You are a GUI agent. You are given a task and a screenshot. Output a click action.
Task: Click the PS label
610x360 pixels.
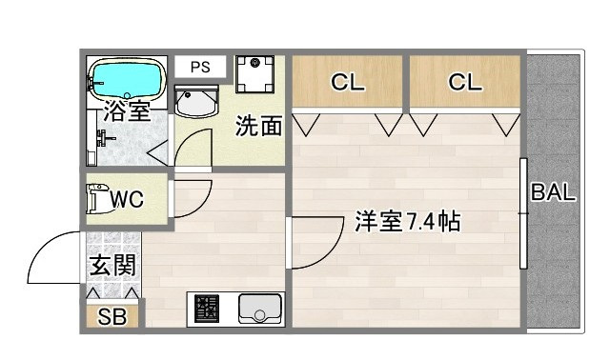(x=200, y=67)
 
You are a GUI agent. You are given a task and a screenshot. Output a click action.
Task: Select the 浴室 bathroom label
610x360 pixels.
(x=127, y=110)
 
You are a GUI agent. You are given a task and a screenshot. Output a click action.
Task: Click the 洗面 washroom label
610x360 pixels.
(x=258, y=126)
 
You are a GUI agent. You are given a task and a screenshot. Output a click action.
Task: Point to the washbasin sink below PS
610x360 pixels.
(x=197, y=100)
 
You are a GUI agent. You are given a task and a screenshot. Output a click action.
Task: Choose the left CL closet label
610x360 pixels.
(x=348, y=83)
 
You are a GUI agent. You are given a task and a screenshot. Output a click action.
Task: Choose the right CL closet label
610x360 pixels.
(x=465, y=83)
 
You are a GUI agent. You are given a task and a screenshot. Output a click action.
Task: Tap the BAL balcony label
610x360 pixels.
(x=553, y=192)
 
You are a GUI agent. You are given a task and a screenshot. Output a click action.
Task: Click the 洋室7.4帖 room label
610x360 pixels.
(x=408, y=222)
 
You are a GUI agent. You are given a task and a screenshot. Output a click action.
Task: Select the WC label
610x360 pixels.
(x=127, y=200)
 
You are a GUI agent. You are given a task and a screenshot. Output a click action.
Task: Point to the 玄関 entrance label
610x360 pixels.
(x=112, y=266)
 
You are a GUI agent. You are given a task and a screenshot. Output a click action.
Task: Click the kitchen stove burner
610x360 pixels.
(x=207, y=309)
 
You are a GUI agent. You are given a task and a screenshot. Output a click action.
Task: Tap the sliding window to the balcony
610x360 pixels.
(x=523, y=213)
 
